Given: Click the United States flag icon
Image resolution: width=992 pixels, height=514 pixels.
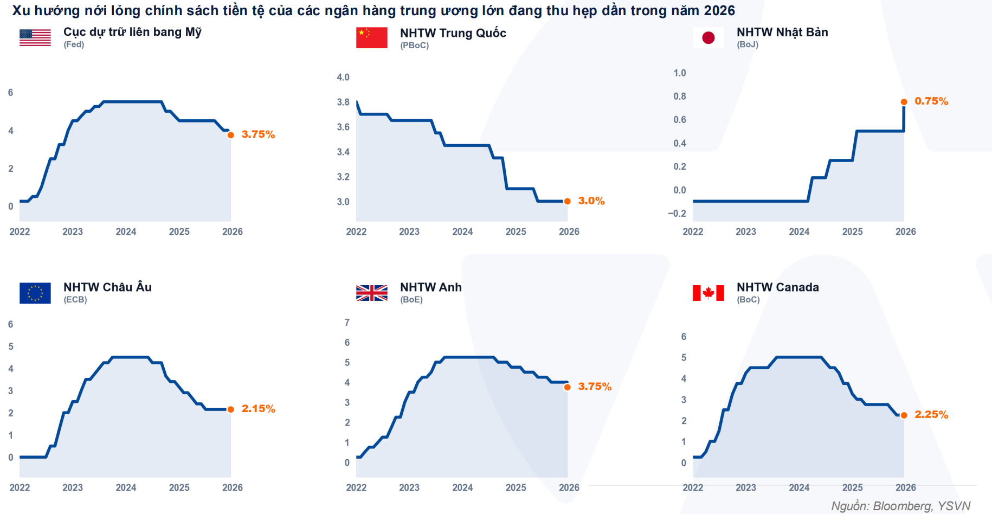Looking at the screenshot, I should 35,37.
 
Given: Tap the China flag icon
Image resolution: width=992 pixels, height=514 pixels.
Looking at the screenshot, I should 371,37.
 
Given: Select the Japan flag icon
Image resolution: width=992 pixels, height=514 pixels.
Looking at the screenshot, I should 708,37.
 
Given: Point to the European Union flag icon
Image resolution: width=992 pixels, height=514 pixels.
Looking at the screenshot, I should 35,293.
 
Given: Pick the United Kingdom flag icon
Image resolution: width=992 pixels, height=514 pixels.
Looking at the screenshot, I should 371,293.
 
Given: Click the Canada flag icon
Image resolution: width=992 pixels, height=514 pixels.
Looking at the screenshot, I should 708,293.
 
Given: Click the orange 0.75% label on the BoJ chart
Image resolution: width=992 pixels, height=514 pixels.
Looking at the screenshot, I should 931,101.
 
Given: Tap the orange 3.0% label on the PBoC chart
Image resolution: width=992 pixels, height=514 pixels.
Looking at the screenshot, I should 591,201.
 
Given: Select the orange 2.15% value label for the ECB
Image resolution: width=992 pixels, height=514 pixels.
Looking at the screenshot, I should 258,409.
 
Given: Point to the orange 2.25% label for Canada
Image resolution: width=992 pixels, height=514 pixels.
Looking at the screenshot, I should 931,415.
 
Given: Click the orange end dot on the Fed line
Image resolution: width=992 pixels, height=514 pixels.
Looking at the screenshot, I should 231,135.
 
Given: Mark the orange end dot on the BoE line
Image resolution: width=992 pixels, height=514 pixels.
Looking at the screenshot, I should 568,387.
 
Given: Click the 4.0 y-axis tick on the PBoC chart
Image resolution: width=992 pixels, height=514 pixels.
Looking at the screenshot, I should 343,78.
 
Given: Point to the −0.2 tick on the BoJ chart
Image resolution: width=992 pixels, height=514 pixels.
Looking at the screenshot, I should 677,214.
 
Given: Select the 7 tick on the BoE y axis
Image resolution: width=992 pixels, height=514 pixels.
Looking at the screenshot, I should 347,323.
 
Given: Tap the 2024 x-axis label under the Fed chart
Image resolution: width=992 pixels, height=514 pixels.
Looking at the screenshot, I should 126,232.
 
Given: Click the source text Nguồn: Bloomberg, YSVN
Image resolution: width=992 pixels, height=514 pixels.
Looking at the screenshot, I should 900,506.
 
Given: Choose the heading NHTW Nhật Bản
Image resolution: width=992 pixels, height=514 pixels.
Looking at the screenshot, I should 782,33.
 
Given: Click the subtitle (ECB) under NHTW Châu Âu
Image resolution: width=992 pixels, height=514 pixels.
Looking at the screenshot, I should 75,300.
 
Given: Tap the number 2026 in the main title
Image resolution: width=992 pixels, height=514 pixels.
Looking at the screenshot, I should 719,10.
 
